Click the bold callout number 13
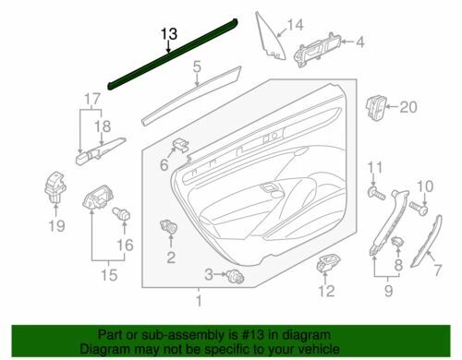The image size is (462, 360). coord(169,33)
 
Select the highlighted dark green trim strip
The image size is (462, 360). coord(173,54)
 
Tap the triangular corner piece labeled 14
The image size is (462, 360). coord(270,36)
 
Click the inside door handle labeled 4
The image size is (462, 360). coord(317,49)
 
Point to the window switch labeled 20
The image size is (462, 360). coord(375,108)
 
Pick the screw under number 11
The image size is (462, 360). coord(376,193)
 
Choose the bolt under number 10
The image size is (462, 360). coord(419,209)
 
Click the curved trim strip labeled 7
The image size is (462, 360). coord(427,242)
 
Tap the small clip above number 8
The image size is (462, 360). coord(397,242)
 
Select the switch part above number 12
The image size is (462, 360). coord(327,263)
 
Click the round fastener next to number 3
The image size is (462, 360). coord(236,275)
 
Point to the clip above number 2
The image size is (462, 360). coord(169,227)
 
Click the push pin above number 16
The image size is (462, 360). coord(121,213)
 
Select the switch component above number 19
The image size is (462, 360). coord(55,187)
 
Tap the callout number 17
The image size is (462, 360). coord(92,100)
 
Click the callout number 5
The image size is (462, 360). coord(197,66)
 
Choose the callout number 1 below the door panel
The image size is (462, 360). coord(199,301)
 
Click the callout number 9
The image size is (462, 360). coord(389,290)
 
